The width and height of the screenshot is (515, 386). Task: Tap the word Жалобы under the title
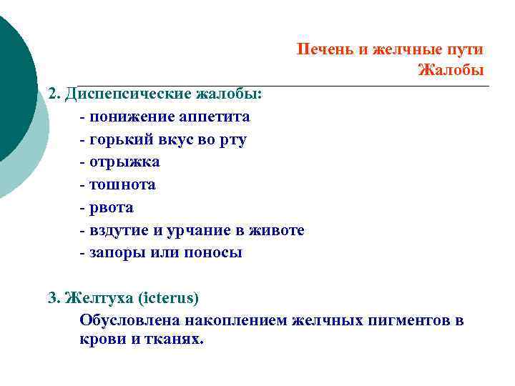pos(451,70)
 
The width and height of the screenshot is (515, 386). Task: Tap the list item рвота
pos(112,208)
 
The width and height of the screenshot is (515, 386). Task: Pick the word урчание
pos(205,230)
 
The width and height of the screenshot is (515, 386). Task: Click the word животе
pos(279,230)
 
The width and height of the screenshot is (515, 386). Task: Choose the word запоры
pos(117,252)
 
